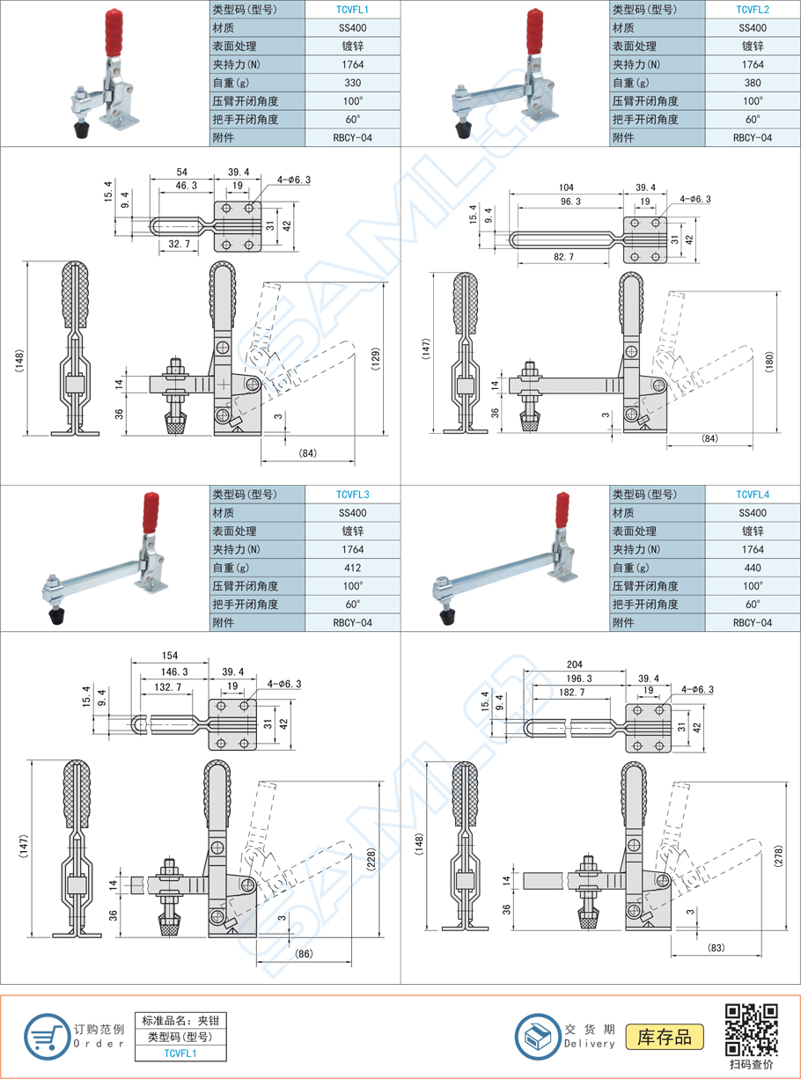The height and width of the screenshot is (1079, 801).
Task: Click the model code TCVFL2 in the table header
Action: click(753, 10)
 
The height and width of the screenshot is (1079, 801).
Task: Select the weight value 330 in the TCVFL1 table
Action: click(352, 83)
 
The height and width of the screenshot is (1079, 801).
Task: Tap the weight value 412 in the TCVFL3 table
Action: click(352, 568)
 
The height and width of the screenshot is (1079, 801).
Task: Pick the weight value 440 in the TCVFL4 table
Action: click(753, 568)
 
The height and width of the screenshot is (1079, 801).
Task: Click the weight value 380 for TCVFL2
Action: click(753, 83)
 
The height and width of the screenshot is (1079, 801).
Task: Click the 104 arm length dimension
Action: click(566, 188)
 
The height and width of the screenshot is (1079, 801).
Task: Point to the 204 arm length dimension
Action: click(574, 664)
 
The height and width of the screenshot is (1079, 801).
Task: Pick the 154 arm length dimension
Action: click(170, 657)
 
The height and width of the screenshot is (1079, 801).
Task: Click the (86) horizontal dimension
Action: click(305, 954)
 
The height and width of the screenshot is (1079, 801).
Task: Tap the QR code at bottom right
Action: click(751, 1029)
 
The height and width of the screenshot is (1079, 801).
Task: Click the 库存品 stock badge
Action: click(665, 1037)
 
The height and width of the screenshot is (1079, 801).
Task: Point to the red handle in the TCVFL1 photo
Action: click(113, 32)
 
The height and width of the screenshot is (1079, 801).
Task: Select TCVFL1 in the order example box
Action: click(180, 1053)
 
